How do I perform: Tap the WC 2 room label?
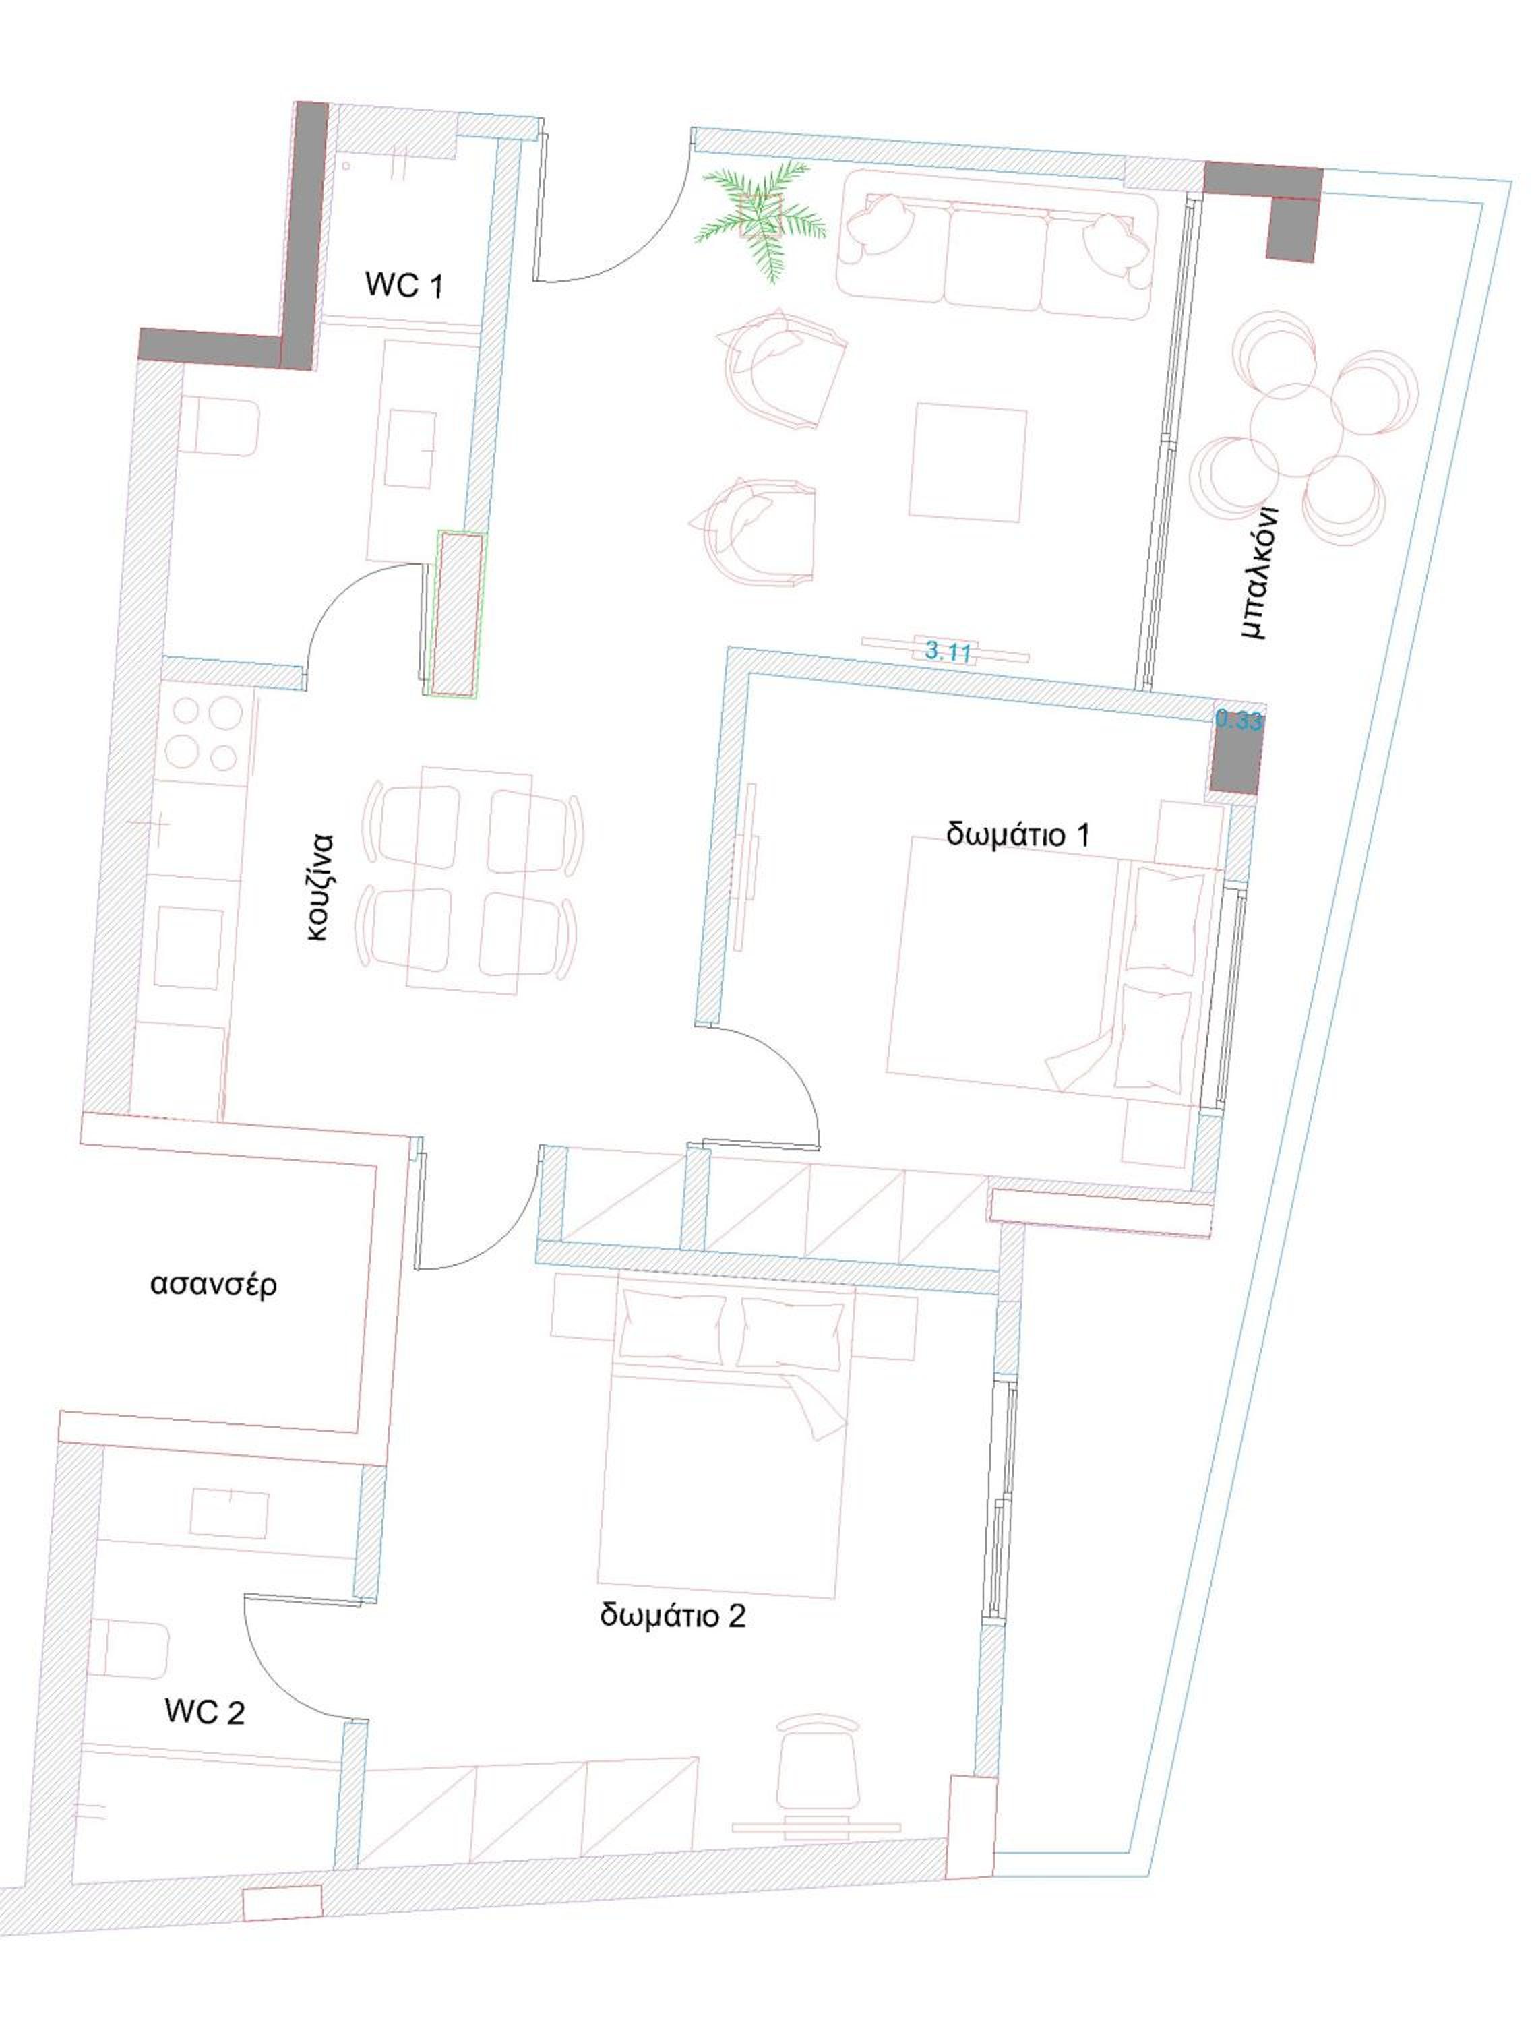click(205, 1711)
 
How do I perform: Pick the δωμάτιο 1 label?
click(1018, 834)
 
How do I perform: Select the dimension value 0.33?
click(1239, 721)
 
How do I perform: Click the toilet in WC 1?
click(220, 426)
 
